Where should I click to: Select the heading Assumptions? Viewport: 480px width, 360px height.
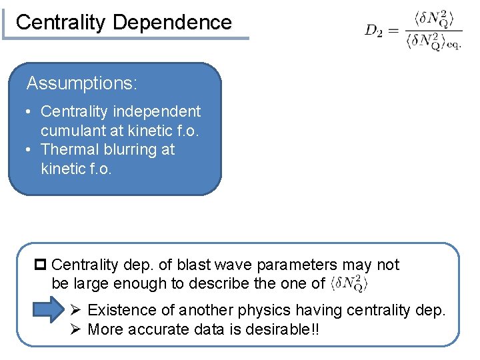[x=82, y=83]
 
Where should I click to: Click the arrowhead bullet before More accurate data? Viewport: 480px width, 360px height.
[x=76, y=329]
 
